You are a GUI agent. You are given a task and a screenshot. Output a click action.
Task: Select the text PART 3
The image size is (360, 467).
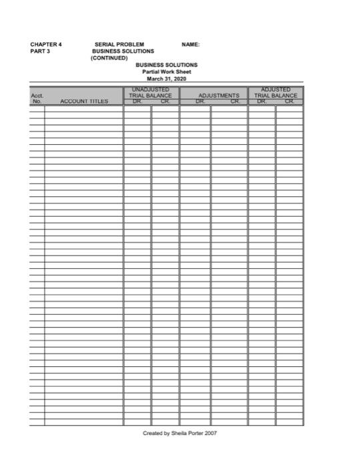(x=39, y=51)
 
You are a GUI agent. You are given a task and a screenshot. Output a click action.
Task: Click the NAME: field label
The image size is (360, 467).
(x=191, y=45)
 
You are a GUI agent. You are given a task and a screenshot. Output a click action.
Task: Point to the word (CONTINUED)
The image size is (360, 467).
(x=108, y=57)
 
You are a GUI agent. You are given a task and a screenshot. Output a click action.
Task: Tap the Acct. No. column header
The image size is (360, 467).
(x=37, y=99)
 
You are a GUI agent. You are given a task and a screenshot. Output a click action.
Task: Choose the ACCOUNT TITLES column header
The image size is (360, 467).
(x=84, y=102)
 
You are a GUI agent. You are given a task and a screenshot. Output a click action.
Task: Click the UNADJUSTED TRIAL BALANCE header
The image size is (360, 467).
(x=151, y=93)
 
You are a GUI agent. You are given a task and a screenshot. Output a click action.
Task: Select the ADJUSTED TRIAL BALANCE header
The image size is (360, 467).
(x=275, y=93)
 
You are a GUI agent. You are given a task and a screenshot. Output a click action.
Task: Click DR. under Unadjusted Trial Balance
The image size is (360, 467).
(x=137, y=102)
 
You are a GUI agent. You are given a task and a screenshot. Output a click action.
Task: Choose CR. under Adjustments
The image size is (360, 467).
(x=235, y=102)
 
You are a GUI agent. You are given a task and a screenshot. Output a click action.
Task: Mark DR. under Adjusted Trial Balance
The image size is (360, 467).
(x=262, y=102)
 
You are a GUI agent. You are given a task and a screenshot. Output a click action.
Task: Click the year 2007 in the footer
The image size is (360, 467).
(x=211, y=433)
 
